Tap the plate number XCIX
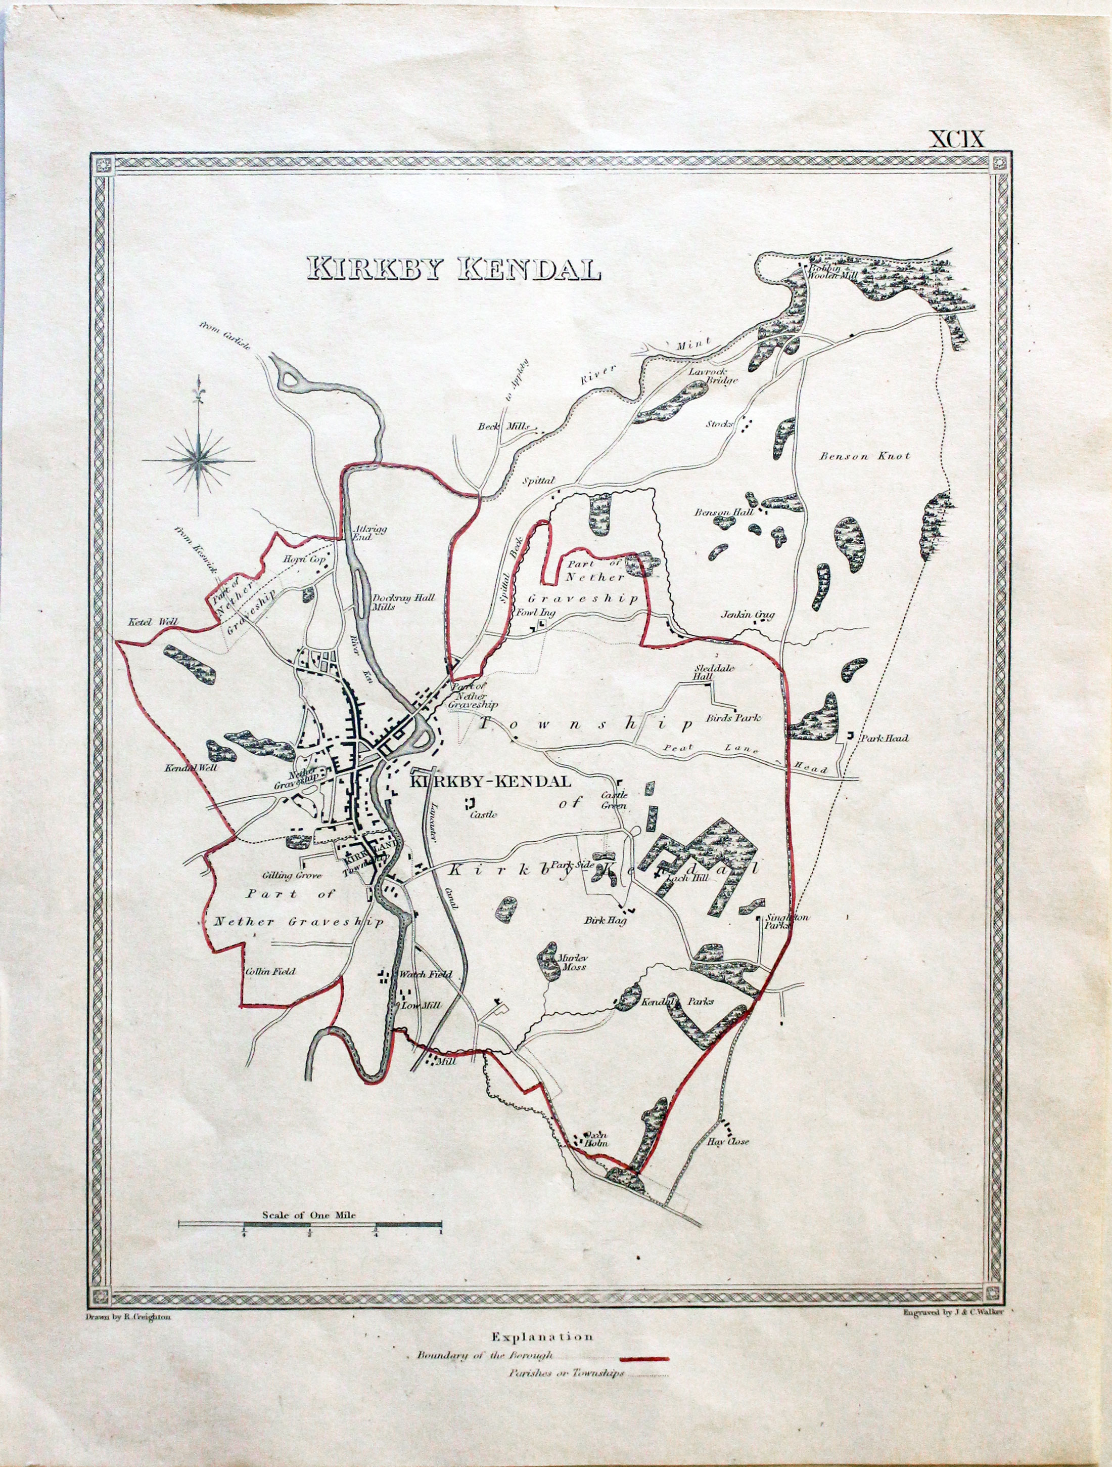click(957, 139)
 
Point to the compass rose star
click(199, 459)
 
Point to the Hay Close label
click(728, 1141)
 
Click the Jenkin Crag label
click(748, 614)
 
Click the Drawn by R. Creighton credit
click(128, 1316)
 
